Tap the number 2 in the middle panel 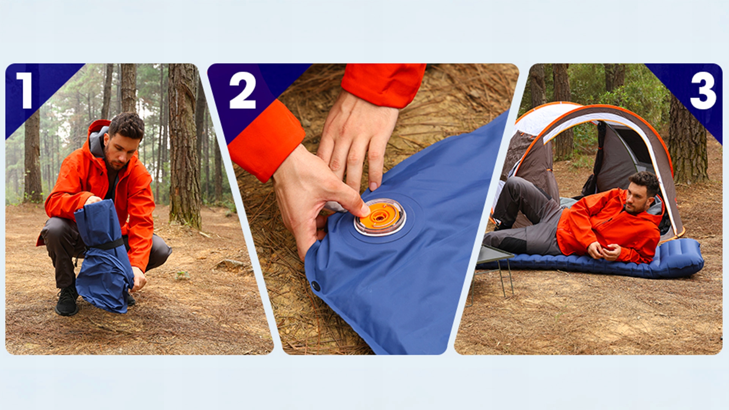pos(243,90)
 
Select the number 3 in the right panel pos(703,90)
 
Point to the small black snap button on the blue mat pos(316,285)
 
